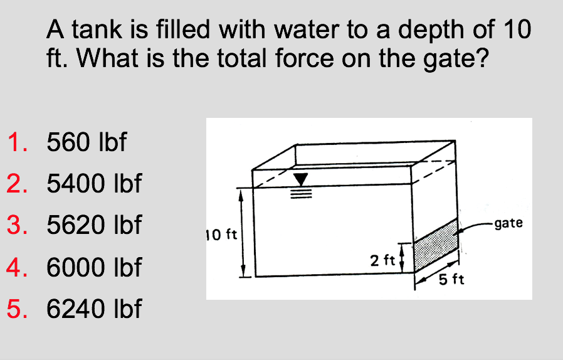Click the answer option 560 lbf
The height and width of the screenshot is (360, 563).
click(x=87, y=143)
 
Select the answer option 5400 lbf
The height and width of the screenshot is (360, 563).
click(x=94, y=184)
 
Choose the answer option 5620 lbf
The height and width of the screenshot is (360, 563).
click(x=94, y=225)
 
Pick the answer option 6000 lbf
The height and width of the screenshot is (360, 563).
click(x=94, y=268)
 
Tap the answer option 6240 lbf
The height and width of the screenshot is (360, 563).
click(x=94, y=309)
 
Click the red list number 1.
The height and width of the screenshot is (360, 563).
click(x=17, y=143)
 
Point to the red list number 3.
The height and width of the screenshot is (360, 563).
click(x=17, y=225)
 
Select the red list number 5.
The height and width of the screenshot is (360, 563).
click(x=17, y=309)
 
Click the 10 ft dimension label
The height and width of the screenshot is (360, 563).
click(x=221, y=236)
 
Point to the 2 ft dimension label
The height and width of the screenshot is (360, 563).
click(x=382, y=260)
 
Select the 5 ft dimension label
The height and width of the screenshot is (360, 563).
click(x=451, y=280)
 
